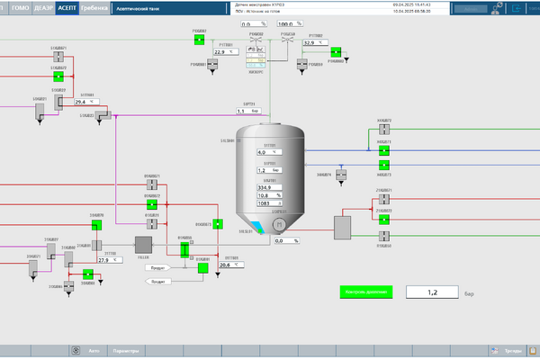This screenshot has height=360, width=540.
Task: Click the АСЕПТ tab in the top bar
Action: coord(66,6)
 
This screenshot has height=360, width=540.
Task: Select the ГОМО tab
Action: coord(19,6)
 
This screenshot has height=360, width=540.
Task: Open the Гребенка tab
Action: coord(93,6)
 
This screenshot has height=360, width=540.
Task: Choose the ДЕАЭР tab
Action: coord(42,6)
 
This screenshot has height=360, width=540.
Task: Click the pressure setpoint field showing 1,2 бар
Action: coord(431,292)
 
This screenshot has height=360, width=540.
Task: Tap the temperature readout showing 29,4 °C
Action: coord(85,102)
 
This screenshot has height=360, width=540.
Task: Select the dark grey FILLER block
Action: coord(142,244)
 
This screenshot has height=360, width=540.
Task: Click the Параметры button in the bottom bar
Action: coord(125,351)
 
